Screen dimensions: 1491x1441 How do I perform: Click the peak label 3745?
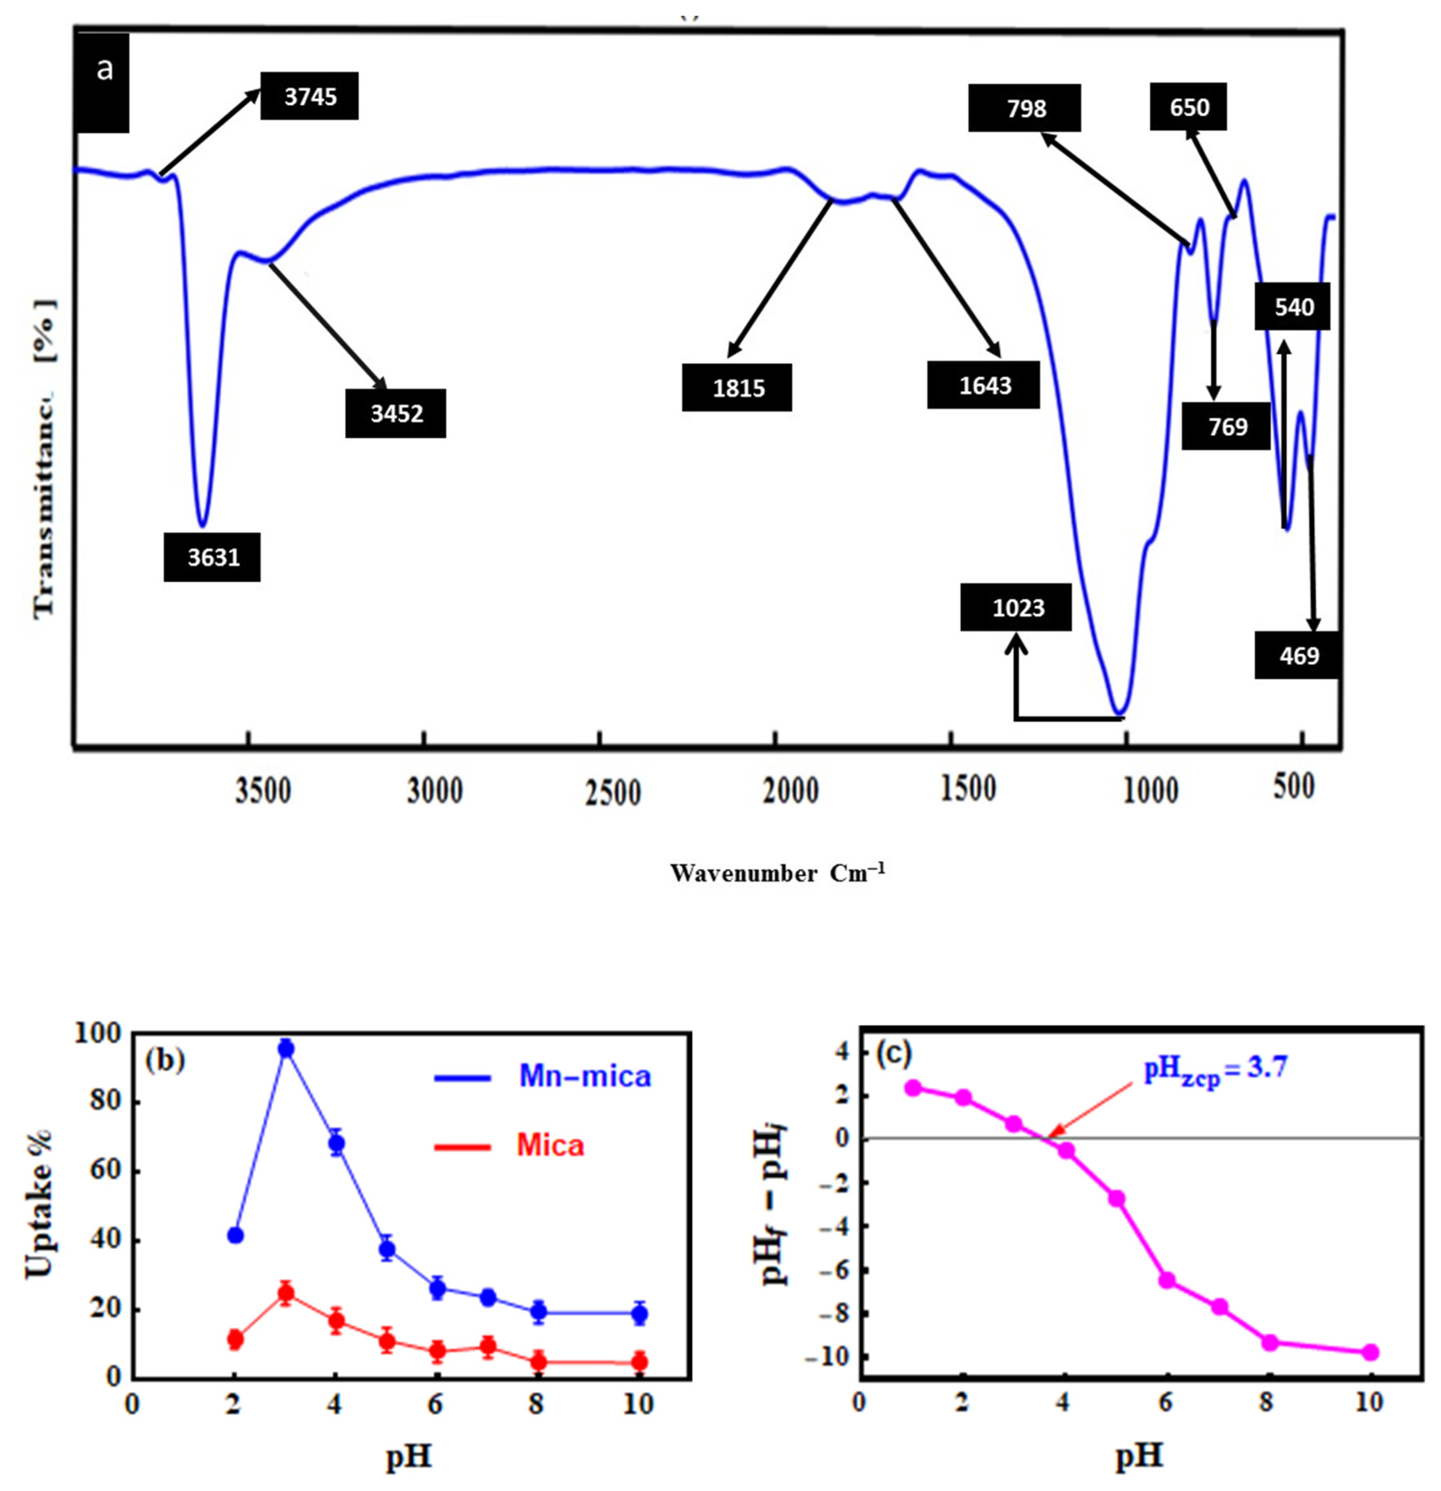click(309, 97)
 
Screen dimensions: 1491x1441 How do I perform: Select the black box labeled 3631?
click(212, 558)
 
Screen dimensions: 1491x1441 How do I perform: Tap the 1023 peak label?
click(1017, 608)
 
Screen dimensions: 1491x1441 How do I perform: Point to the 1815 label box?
click(737, 388)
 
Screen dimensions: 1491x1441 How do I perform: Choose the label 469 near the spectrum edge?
click(1297, 656)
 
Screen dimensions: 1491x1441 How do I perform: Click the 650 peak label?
click(1188, 107)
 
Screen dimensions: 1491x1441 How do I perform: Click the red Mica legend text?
click(550, 1146)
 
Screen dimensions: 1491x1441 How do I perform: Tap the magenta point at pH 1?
click(913, 1088)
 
